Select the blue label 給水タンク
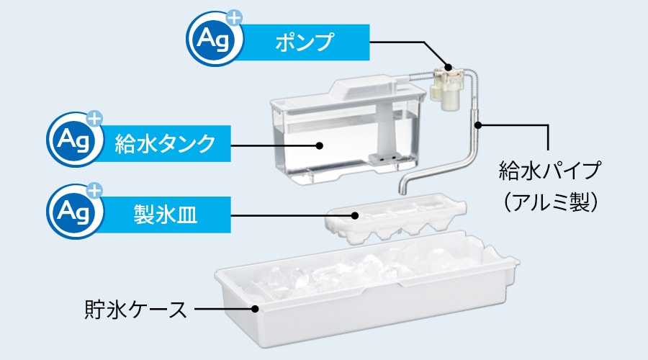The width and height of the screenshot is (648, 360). pyautogui.click(x=165, y=143)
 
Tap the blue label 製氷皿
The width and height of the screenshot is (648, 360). pyautogui.click(x=165, y=214)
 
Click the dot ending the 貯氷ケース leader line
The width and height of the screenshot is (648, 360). pyautogui.click(x=256, y=310)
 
